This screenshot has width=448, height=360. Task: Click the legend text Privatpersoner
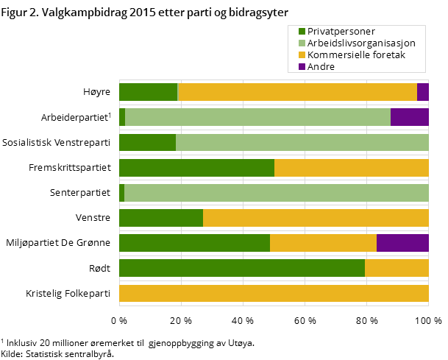(341, 31)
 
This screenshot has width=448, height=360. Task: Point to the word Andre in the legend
(321, 66)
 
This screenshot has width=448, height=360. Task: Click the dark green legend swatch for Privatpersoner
(302, 31)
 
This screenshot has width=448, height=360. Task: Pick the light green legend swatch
(302, 43)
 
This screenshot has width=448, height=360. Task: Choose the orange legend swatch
(302, 54)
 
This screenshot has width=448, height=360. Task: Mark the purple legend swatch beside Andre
(302, 66)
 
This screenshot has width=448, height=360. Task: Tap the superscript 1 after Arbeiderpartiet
(110, 114)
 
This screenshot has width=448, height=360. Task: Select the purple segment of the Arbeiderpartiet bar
(409, 117)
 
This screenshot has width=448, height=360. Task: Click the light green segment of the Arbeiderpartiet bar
(257, 117)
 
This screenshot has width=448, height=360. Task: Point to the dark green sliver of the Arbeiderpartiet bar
(122, 117)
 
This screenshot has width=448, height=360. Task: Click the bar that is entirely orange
(274, 293)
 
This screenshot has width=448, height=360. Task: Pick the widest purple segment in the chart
(402, 243)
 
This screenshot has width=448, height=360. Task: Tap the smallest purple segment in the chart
(422, 92)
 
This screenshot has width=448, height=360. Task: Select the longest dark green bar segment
(241, 268)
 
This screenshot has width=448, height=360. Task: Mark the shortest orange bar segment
(397, 268)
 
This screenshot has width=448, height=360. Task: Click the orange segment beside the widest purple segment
(323, 243)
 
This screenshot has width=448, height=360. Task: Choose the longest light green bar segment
(277, 193)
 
